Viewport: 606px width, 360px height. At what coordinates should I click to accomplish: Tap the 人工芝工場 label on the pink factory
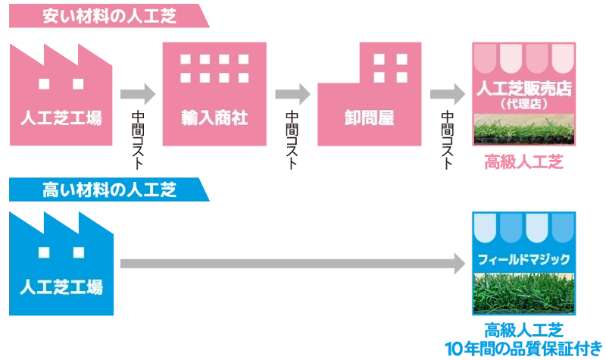pyautogui.click(x=60, y=117)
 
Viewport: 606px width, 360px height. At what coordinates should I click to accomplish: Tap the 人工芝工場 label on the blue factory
pyautogui.click(x=60, y=288)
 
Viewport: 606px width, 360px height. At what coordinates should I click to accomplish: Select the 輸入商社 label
pyautogui.click(x=214, y=117)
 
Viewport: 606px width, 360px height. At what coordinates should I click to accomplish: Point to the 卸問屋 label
pyautogui.click(x=368, y=117)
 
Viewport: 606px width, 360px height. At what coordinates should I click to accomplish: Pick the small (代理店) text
pyautogui.click(x=524, y=104)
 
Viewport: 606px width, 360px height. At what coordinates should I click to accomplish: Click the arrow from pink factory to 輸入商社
pyautogui.click(x=136, y=92)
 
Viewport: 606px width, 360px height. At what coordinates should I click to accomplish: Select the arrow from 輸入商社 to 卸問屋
pyautogui.click(x=292, y=92)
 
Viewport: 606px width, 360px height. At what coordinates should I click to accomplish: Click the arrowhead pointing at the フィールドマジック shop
pyautogui.click(x=458, y=262)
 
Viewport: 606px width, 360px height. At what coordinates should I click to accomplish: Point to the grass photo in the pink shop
pyautogui.click(x=524, y=131)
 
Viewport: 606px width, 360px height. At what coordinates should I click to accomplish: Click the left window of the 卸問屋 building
pyautogui.click(x=380, y=59)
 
